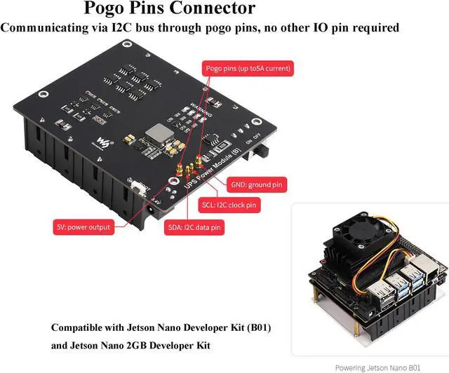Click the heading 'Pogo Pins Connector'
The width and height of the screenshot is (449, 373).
[169, 9]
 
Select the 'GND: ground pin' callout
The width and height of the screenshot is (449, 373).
[257, 185]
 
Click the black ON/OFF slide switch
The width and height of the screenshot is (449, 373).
[267, 151]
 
